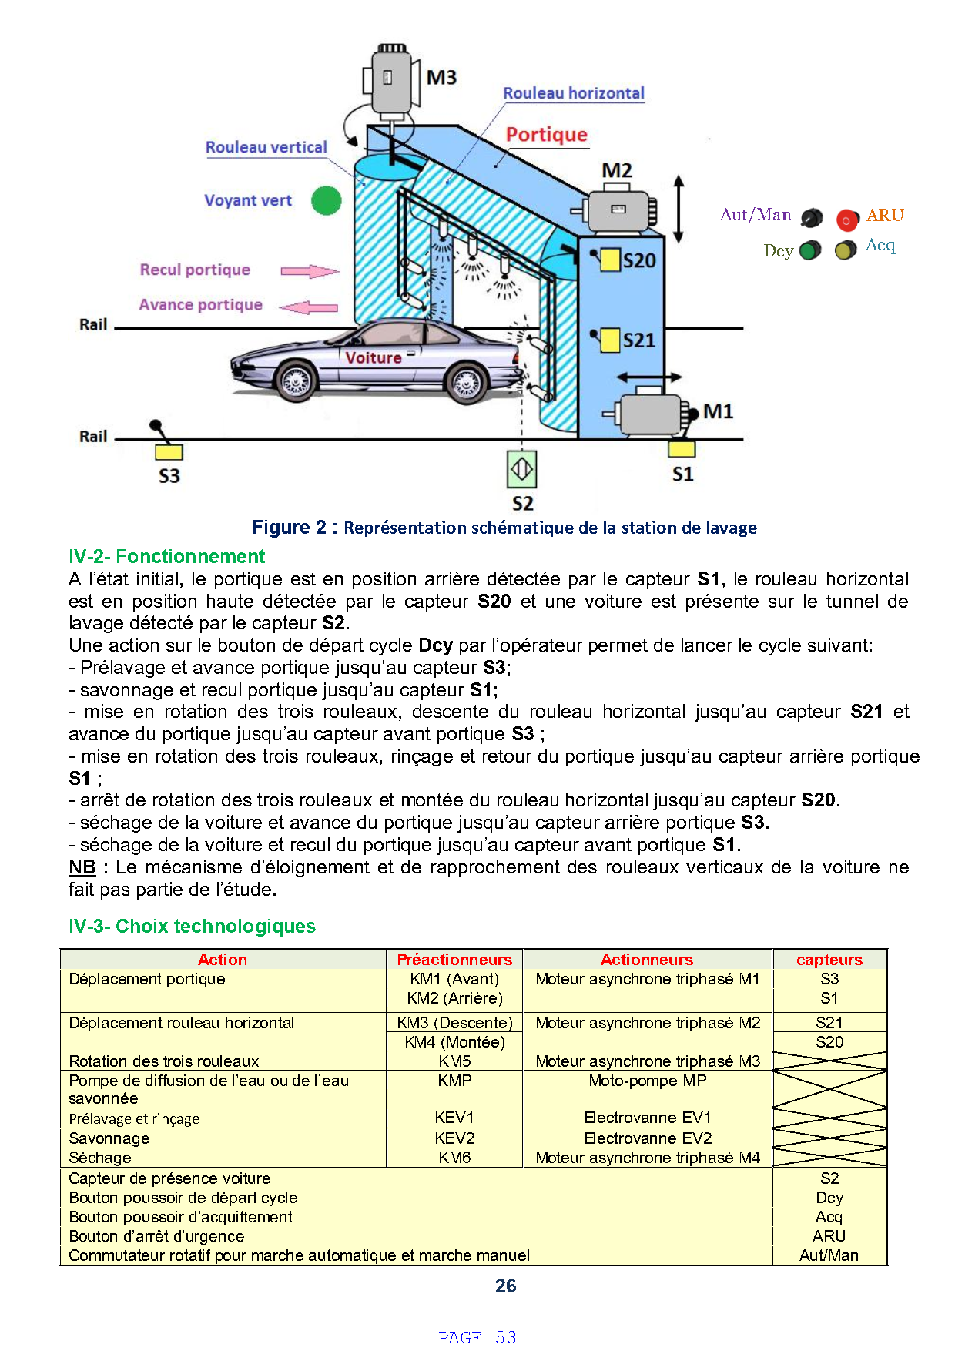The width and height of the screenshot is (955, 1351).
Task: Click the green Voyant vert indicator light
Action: pyautogui.click(x=327, y=201)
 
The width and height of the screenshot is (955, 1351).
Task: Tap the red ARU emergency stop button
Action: pyautogui.click(x=847, y=220)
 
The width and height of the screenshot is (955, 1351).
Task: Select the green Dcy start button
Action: pyautogui.click(x=810, y=250)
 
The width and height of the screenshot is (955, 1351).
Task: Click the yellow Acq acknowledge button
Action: pyautogui.click(x=846, y=250)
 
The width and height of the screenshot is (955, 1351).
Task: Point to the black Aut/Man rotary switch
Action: pyautogui.click(x=812, y=219)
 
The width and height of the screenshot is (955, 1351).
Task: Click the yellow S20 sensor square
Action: pyautogui.click(x=610, y=260)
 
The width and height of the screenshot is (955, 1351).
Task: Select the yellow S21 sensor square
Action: pyautogui.click(x=610, y=340)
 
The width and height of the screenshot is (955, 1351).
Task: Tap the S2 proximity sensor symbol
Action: pyautogui.click(x=521, y=470)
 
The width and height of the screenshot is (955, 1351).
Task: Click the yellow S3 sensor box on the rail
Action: pyautogui.click(x=169, y=452)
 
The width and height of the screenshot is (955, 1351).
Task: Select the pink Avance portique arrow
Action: pyautogui.click(x=309, y=307)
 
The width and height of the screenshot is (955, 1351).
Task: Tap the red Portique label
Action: pyautogui.click(x=546, y=135)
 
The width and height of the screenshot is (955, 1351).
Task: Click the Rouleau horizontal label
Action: pyautogui.click(x=574, y=93)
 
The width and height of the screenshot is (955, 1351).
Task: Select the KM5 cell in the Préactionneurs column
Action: pyautogui.click(x=454, y=1061)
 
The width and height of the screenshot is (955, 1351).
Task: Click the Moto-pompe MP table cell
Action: pyautogui.click(x=647, y=1081)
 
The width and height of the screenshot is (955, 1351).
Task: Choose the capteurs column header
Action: pyautogui.click(x=829, y=960)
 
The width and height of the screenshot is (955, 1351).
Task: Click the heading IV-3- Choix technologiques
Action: pyautogui.click(x=192, y=926)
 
